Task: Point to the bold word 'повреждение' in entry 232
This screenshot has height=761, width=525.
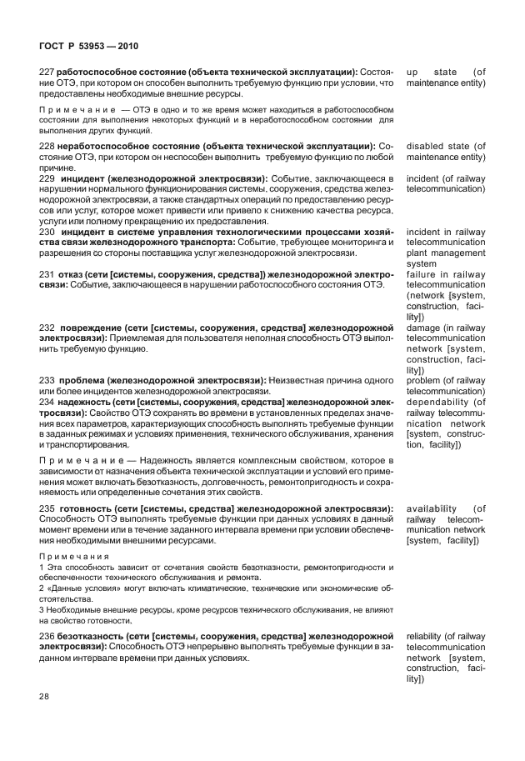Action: pos(91,328)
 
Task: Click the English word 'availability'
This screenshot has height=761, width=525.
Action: pos(432,508)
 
